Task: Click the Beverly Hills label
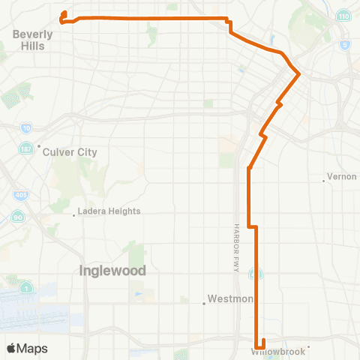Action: coord(33,40)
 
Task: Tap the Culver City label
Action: coord(70,152)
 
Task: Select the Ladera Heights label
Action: coord(110,211)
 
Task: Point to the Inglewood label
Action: coord(112,271)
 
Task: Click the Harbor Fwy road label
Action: coord(235,247)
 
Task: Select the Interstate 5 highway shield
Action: coord(343,45)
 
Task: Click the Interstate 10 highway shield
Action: coord(27,128)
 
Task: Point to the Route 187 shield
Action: coord(25,147)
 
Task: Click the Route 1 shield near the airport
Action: coord(27,287)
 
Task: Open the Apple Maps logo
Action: coord(26,349)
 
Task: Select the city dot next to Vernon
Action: coord(323,179)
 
